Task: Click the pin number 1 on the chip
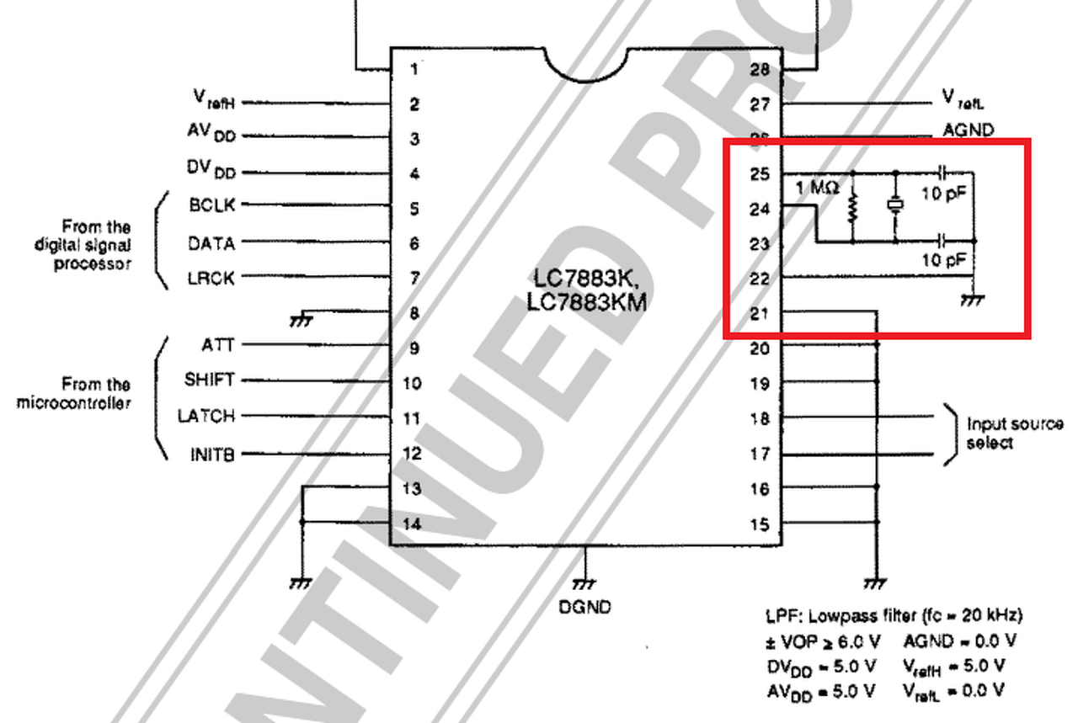(414, 69)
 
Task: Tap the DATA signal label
(211, 243)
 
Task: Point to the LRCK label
(211, 278)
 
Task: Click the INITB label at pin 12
(212, 455)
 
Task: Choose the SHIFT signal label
(210, 380)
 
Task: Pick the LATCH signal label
(206, 416)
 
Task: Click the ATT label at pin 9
(218, 345)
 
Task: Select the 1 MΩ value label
(817, 189)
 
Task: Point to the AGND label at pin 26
(969, 130)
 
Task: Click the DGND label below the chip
(585, 606)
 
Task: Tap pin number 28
(760, 69)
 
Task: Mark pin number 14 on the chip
(413, 524)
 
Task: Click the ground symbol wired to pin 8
(299, 319)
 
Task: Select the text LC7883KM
(587, 301)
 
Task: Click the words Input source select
(1014, 433)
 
